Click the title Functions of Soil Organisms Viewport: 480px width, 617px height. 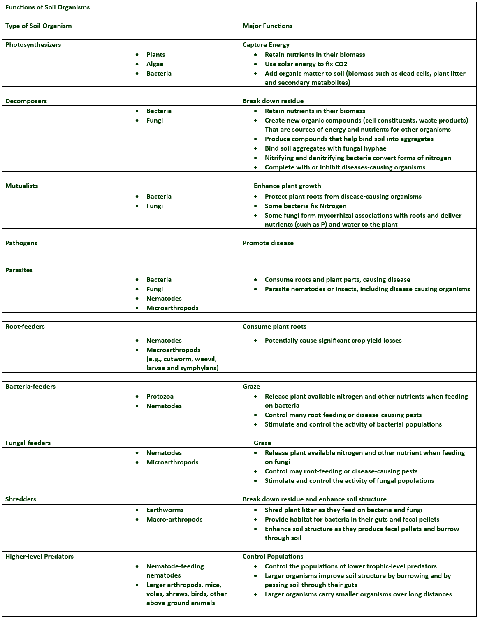(47, 7)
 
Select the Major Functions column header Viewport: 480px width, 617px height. (267, 26)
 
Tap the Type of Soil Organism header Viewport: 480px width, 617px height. (38, 26)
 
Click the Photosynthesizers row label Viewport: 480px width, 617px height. (33, 44)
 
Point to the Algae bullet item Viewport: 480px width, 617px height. (155, 64)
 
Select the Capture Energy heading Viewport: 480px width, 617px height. (266, 44)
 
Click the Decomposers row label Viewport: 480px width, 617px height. (26, 101)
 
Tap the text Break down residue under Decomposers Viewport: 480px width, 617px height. (273, 101)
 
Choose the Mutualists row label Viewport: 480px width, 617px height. (21, 186)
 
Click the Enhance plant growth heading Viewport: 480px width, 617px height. (287, 186)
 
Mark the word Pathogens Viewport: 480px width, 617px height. (21, 243)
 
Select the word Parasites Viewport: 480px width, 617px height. (19, 270)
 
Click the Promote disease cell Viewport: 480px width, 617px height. (268, 243)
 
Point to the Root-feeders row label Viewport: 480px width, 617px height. (25, 326)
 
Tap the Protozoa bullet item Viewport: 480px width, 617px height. (160, 396)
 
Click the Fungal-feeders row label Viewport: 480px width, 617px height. (28, 443)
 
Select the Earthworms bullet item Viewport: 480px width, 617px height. (165, 510)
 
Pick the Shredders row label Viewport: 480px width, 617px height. (21, 499)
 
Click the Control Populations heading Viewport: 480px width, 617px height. (273, 556)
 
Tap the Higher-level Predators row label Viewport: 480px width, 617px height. (39, 556)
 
